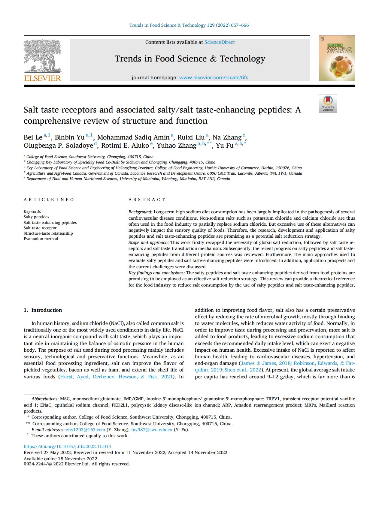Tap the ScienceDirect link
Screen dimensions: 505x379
coord(220,42)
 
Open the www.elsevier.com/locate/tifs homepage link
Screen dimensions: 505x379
coord(214,77)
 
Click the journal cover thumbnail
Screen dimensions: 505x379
coord(337,58)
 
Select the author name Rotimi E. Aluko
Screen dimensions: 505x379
coord(125,146)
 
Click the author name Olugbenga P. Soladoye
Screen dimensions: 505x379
coord(58,146)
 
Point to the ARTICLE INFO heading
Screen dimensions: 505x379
coord(49,200)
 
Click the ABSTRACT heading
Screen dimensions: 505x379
coord(147,200)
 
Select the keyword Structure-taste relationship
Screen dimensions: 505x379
coord(48,233)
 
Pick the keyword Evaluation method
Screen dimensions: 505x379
coord(41,239)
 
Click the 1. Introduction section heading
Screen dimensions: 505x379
coord(43,310)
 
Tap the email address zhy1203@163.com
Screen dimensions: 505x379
coord(86,430)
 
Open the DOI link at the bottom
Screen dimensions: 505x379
coord(67,446)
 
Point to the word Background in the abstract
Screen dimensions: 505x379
coord(140,212)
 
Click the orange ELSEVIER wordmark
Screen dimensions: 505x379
coord(42,78)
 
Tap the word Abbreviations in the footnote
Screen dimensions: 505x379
coord(45,399)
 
